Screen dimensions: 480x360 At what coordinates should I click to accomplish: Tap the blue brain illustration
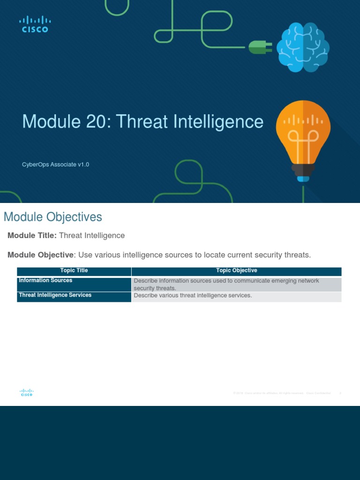click(x=302, y=47)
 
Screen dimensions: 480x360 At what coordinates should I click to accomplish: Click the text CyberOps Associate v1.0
click(x=56, y=165)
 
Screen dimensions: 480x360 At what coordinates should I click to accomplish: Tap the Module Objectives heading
click(x=52, y=217)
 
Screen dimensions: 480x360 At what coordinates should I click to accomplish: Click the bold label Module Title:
click(x=32, y=235)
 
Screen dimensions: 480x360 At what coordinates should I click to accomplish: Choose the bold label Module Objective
click(x=41, y=255)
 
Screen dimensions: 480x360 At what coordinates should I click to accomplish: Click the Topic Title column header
click(x=74, y=271)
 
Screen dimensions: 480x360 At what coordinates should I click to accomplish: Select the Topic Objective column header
click(x=236, y=271)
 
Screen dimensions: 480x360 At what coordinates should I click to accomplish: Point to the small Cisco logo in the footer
click(x=27, y=393)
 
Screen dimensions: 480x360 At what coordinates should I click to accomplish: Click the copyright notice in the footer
click(x=281, y=393)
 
